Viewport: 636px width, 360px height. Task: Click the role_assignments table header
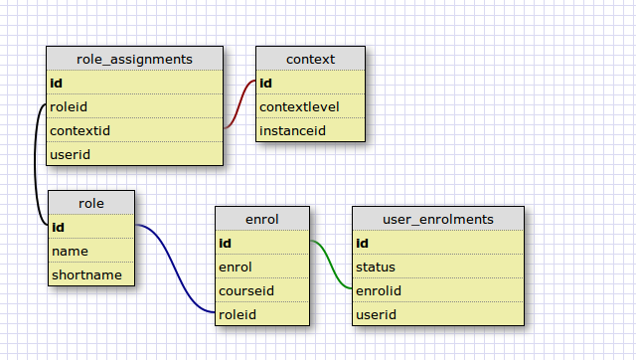[135, 59]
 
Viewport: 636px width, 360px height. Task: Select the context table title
[311, 59]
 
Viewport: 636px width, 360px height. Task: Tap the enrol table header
[262, 219]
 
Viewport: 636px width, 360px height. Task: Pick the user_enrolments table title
[438, 219]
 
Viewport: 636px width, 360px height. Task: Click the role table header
[91, 203]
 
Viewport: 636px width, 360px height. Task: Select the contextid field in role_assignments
[79, 130]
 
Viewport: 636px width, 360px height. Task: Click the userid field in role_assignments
[70, 154]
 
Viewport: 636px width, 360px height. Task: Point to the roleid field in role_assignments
[69, 106]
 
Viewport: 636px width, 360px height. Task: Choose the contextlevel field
[299, 106]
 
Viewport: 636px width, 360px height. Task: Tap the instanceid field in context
[292, 130]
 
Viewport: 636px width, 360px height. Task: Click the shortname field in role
[86, 274]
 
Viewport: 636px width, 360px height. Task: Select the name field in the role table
[70, 252]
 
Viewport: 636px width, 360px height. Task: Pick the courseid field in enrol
[246, 290]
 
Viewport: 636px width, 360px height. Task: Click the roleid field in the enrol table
[238, 314]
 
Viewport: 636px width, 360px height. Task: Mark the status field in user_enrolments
[376, 268]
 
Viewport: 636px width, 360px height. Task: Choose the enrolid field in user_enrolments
[379, 290]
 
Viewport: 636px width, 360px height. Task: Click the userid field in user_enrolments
[376, 314]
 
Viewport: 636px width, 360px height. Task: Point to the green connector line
[331, 265]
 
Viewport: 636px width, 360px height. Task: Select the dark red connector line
[239, 104]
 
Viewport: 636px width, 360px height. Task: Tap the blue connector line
[175, 268]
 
